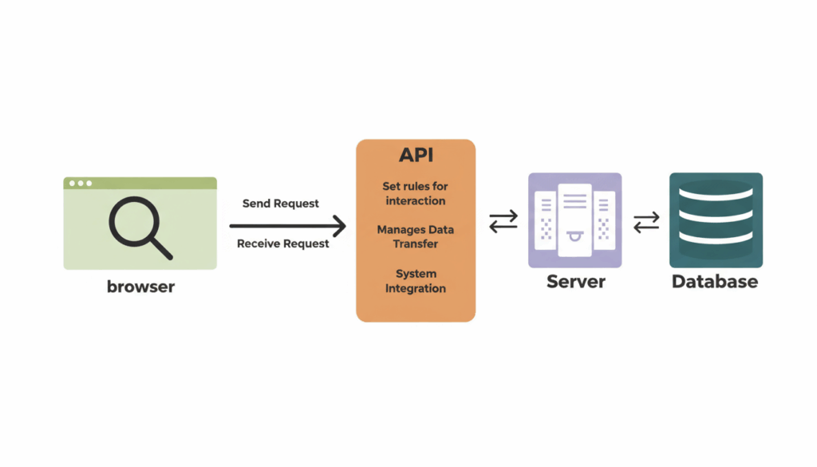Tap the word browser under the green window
[140, 286]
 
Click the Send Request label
[280, 204]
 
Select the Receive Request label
[282, 243]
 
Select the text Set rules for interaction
[415, 193]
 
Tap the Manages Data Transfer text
[415, 236]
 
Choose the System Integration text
[415, 281]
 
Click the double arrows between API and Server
[503, 222]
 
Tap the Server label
[575, 281]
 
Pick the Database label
[715, 281]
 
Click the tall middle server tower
[574, 220]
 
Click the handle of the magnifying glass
[162, 250]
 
